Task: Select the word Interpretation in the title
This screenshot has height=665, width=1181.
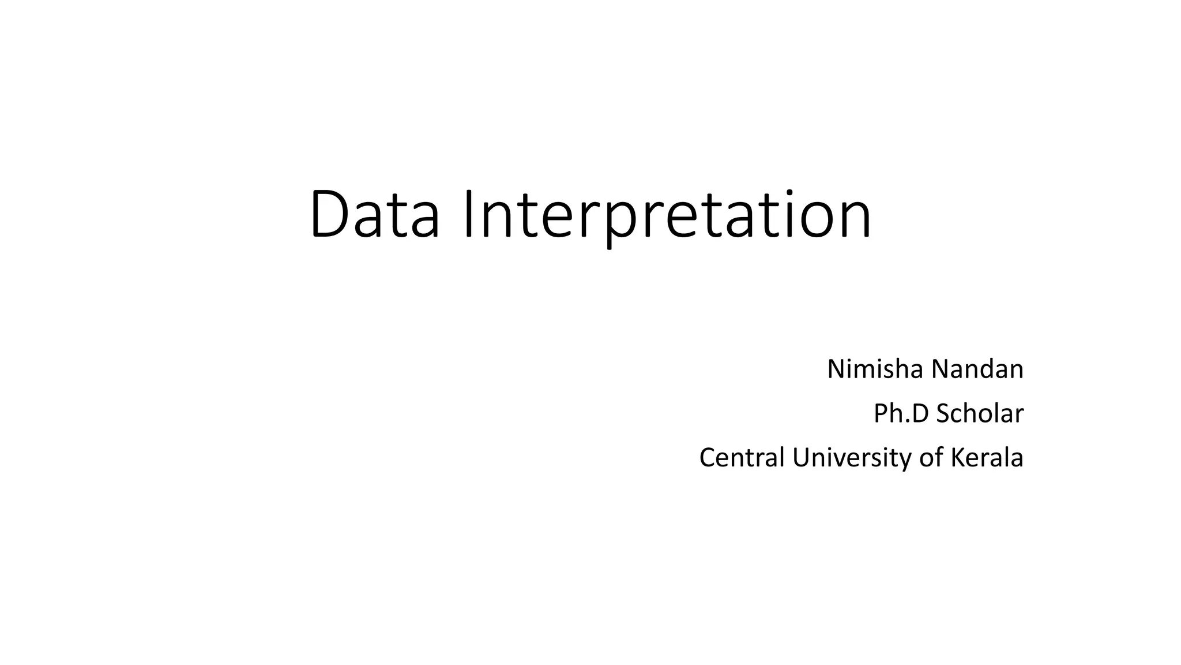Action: pyautogui.click(x=668, y=215)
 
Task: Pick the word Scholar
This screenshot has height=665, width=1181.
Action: pyautogui.click(x=980, y=413)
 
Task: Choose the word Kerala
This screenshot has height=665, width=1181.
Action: pyautogui.click(x=987, y=457)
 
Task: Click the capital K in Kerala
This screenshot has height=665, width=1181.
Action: pyautogui.click(x=957, y=457)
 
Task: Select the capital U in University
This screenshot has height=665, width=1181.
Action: pyautogui.click(x=801, y=457)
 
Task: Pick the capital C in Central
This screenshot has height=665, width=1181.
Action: pyautogui.click(x=708, y=457)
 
